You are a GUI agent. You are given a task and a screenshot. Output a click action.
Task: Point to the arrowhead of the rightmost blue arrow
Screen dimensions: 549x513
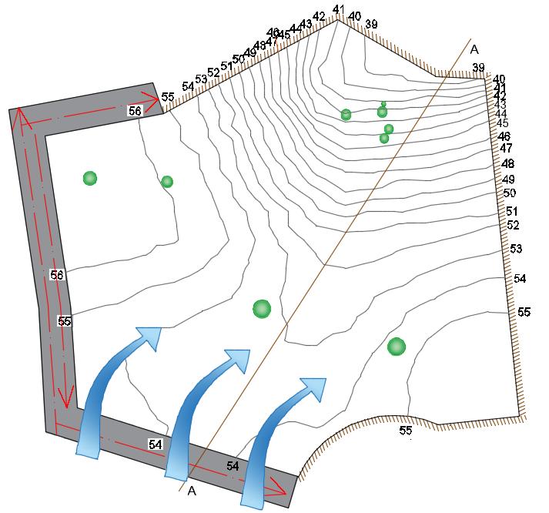point(313,388)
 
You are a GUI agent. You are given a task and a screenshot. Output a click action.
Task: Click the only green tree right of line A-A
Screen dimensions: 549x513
point(397,347)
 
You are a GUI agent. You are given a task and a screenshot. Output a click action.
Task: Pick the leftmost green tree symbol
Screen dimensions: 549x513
point(90,179)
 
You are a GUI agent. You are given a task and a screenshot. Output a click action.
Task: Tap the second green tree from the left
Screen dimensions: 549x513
point(167,182)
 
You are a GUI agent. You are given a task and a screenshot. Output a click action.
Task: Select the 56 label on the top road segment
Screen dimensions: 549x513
point(135,111)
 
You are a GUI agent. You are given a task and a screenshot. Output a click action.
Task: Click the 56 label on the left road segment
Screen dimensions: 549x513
point(56,275)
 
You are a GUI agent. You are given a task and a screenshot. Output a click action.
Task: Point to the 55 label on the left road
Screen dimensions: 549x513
point(65,321)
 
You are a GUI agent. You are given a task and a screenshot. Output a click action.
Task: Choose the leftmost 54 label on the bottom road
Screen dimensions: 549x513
point(156,444)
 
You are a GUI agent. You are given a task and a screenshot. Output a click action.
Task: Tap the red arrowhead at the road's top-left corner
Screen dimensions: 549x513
point(21,118)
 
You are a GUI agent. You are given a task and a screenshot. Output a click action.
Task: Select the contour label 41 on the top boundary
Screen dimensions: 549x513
point(338,10)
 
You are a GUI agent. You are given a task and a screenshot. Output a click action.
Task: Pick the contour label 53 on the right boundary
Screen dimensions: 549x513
point(516,249)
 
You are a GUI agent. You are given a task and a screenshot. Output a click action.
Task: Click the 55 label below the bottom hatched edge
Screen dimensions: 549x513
point(406,430)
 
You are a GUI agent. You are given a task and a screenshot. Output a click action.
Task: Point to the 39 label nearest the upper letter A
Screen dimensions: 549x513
point(478,68)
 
